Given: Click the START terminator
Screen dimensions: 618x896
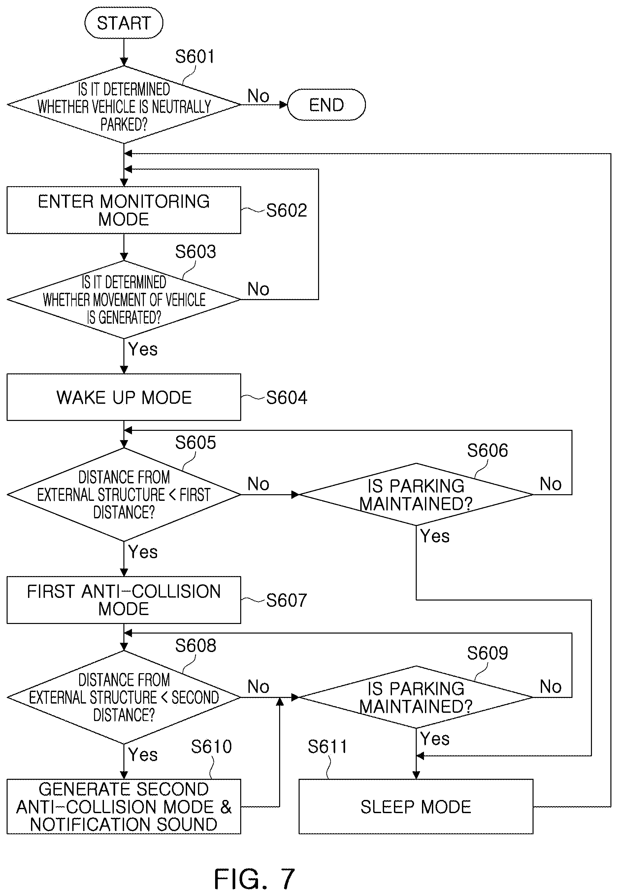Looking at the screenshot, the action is coord(124,23).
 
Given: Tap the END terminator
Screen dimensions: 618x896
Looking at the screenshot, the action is coord(326,105).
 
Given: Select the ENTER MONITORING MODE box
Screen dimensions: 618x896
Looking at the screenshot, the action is coord(124,210).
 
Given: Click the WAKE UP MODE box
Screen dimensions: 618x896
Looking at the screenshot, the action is coord(124,397).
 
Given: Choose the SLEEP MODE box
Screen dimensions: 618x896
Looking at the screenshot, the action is coord(416,807).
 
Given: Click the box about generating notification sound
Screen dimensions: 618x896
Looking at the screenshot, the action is coord(124,807).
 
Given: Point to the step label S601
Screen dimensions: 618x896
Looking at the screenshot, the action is coord(195,56).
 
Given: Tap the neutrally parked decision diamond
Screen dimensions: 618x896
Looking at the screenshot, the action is coord(124,105).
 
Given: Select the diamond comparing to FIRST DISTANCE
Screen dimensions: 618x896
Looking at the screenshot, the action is coord(124,495).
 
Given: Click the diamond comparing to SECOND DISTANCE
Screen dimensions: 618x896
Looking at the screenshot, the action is coord(124,697).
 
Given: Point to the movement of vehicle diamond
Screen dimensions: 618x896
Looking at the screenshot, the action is coord(124,299).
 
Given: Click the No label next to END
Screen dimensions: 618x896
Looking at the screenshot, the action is coord(258,96).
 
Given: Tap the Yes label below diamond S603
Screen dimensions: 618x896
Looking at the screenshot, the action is coord(143,349).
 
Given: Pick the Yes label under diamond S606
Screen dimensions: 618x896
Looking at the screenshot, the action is coord(435,536).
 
